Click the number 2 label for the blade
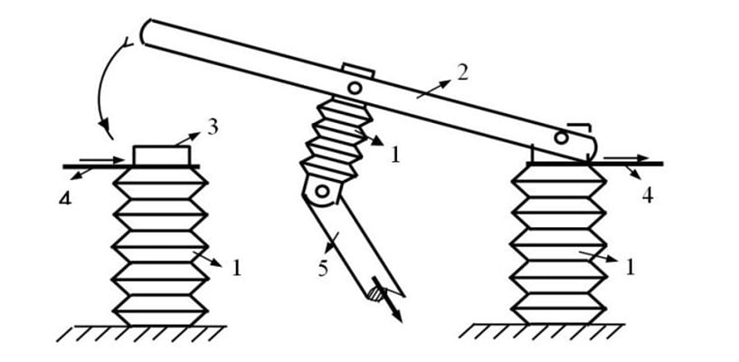click(463, 72)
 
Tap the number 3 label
click(212, 126)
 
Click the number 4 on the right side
click(648, 193)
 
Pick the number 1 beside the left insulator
click(236, 268)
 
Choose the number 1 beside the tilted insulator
click(393, 155)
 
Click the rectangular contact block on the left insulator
click(163, 155)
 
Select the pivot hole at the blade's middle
click(355, 89)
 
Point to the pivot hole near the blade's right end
click(561, 138)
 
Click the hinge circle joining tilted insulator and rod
click(321, 191)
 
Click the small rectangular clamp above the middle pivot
click(358, 71)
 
